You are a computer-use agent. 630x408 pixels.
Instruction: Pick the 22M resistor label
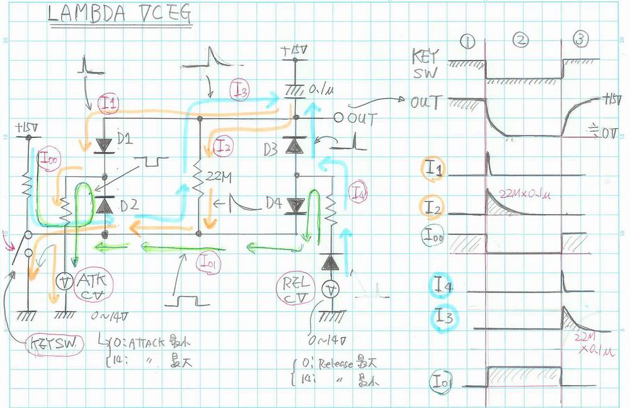click(x=219, y=178)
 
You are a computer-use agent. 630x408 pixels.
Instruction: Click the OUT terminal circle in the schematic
click(x=338, y=118)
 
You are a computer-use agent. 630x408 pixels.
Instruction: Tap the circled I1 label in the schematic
click(x=108, y=105)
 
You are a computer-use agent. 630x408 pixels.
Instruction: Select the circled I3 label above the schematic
click(x=240, y=90)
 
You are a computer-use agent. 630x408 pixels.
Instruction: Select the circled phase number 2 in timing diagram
click(x=520, y=40)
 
